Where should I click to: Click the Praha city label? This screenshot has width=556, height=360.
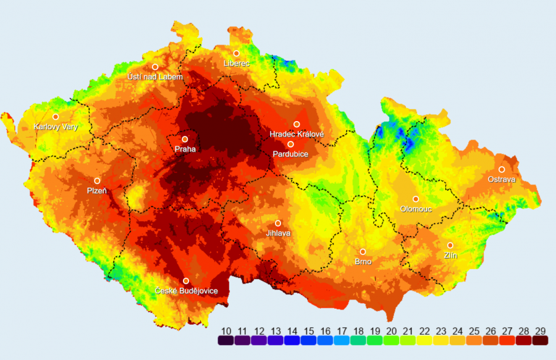tap(185, 149)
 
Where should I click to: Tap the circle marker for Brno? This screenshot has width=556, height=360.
tap(363, 251)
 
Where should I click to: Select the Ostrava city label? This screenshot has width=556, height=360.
tap(501, 179)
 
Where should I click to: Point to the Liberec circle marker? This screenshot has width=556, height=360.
tap(236, 53)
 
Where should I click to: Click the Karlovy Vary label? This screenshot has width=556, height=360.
tap(56, 127)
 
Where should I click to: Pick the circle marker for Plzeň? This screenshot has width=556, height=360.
tap(97, 181)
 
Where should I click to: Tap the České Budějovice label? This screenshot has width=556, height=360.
tap(186, 291)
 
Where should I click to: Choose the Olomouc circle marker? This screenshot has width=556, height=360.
tap(416, 199)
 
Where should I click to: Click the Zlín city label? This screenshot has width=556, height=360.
tap(450, 255)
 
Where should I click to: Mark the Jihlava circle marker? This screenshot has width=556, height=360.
tap(278, 223)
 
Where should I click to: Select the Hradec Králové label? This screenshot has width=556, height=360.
tap(297, 134)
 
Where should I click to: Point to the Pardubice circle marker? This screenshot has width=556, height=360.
tap(290, 144)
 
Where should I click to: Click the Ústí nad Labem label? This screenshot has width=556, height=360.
tap(154, 77)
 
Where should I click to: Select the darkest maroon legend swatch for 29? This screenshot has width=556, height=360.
tap(540, 340)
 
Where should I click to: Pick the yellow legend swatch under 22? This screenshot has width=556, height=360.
tap(424, 340)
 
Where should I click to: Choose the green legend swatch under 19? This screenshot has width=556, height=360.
tap(374, 340)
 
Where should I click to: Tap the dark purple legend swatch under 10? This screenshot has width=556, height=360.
tap(225, 340)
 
